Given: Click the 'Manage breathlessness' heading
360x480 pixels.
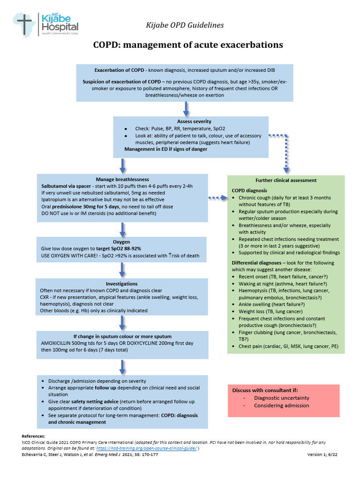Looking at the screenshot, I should click(x=122, y=180).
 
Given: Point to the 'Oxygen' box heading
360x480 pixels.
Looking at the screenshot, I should click(x=121, y=242).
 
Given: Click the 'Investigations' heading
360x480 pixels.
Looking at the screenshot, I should click(x=121, y=284).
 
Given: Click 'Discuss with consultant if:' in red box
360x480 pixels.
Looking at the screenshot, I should click(x=265, y=390).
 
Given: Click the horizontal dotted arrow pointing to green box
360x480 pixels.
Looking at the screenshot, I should click(x=217, y=198).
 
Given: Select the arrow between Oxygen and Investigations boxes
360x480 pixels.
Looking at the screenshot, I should click(x=122, y=270).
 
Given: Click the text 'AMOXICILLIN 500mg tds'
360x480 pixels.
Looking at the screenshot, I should click(x=70, y=343).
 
